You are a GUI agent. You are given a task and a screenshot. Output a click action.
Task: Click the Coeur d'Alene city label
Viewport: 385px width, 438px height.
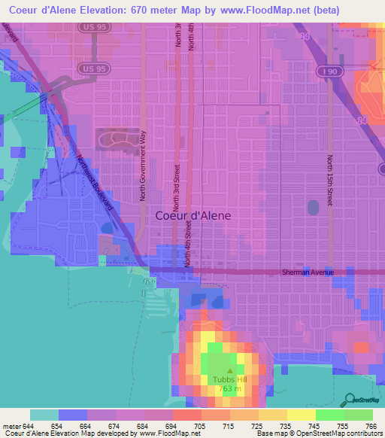[x=192, y=214]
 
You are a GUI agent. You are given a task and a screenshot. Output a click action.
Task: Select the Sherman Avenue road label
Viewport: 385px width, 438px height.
[x=307, y=272]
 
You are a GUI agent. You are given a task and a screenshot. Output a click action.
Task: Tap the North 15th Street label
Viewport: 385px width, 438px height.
[x=329, y=180]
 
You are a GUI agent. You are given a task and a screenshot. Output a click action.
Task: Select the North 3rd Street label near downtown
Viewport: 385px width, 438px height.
[x=176, y=188]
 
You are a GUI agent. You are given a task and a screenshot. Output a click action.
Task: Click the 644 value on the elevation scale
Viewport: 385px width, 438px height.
[x=30, y=425]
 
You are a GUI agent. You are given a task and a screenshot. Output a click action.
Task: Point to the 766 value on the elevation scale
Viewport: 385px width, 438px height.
[x=371, y=425]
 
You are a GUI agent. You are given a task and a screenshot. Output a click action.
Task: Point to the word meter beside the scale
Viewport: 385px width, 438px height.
[x=11, y=425]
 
